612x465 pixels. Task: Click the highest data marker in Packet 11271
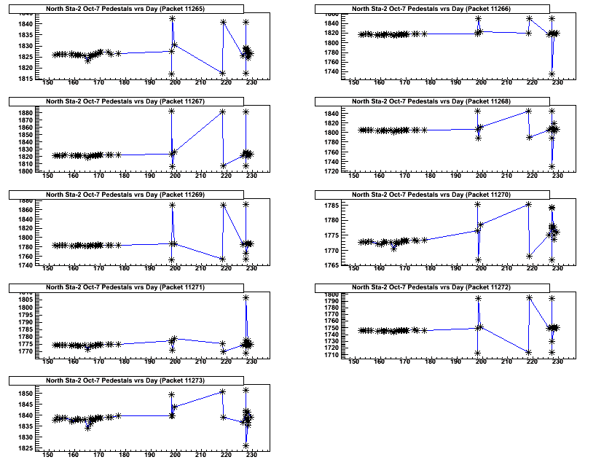click(246, 297)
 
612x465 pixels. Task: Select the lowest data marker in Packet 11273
click(246, 445)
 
